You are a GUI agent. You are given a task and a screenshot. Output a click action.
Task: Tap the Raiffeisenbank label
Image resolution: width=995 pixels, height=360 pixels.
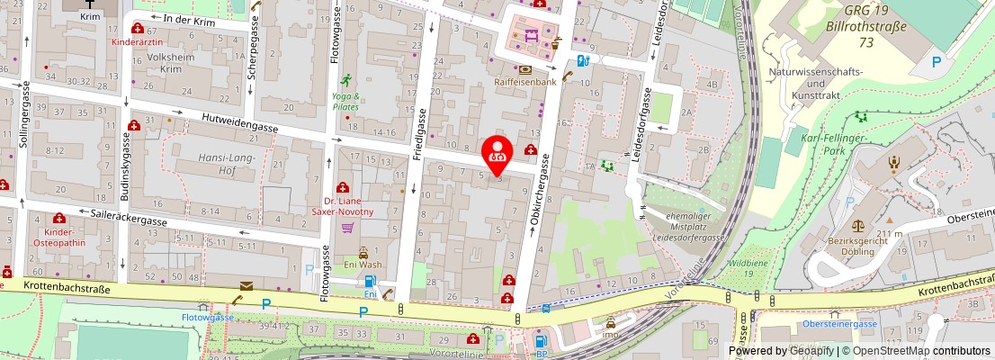pyautogui.click(x=524, y=82)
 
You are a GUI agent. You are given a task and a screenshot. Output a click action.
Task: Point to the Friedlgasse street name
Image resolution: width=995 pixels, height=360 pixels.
pyautogui.click(x=418, y=135)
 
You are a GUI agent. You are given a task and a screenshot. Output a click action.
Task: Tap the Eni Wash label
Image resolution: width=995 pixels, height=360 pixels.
pyautogui.click(x=363, y=265)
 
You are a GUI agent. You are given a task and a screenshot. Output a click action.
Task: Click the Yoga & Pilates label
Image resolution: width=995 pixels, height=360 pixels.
pyautogui.click(x=345, y=102)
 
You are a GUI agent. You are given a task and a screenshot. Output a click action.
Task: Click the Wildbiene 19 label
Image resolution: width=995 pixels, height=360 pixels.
pyautogui.click(x=748, y=270)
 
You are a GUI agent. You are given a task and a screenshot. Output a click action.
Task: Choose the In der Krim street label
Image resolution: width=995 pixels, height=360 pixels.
pyautogui.click(x=191, y=18)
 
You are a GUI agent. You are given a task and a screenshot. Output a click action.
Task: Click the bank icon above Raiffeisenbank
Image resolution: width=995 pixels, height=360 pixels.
pyautogui.click(x=524, y=68)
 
